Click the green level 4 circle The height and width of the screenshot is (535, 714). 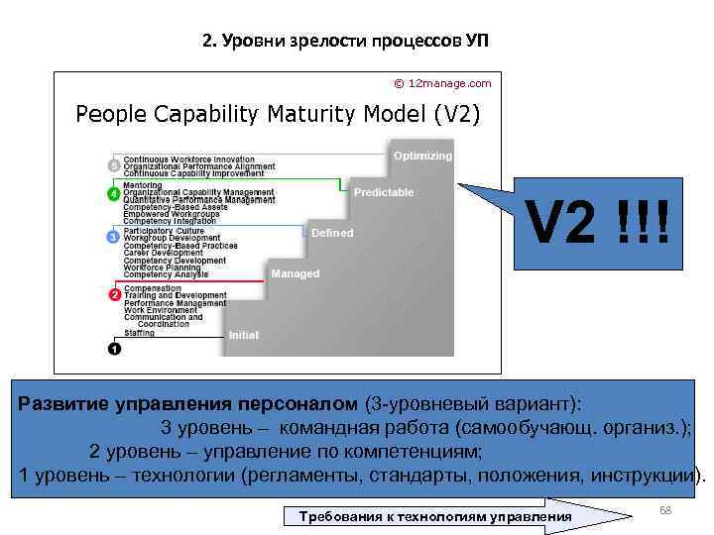click(x=113, y=192)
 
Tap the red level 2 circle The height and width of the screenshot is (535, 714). click(x=113, y=295)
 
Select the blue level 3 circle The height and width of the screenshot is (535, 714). click(x=113, y=238)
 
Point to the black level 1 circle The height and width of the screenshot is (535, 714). click(x=113, y=348)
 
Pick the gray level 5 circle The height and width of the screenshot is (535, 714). click(x=113, y=164)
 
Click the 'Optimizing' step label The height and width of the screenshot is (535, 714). click(x=422, y=156)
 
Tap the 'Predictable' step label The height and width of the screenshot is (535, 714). click(x=384, y=192)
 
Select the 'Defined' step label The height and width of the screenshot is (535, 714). click(x=332, y=233)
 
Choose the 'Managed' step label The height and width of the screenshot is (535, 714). click(x=296, y=272)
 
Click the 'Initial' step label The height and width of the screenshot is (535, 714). click(x=244, y=335)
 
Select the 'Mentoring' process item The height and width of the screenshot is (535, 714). click(x=143, y=185)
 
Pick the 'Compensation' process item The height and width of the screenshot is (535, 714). click(x=151, y=288)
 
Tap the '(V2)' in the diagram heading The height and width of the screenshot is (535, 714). click(x=456, y=114)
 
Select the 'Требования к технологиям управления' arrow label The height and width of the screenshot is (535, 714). click(x=428, y=517)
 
